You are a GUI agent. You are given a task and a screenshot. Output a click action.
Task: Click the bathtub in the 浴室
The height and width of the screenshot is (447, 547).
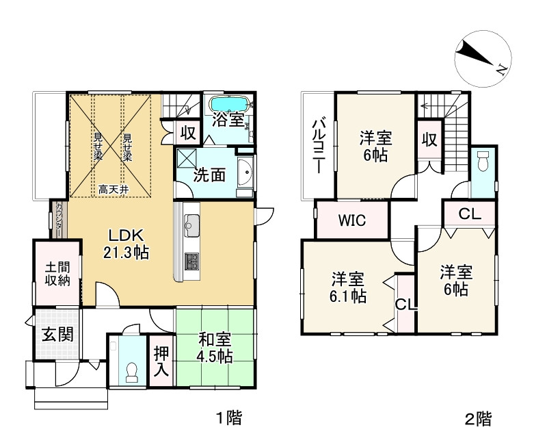pyautogui.click(x=230, y=104)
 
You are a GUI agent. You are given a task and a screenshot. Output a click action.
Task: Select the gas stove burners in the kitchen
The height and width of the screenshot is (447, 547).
pyautogui.click(x=191, y=261)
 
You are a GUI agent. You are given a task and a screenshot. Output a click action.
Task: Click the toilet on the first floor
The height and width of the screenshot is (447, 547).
pyautogui.click(x=132, y=372)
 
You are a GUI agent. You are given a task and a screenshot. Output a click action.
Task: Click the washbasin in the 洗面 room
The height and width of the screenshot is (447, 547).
pyautogui.click(x=245, y=173)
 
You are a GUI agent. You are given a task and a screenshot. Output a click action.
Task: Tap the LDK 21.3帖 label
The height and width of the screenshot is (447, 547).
pyautogui.click(x=126, y=244)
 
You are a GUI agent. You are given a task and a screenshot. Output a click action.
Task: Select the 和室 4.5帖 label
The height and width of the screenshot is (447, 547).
pyautogui.click(x=215, y=347)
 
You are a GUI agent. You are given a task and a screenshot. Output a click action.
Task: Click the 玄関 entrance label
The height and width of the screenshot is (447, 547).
pyautogui.click(x=58, y=335)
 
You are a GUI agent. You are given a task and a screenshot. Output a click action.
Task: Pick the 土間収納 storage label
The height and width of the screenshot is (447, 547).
pyautogui.click(x=57, y=274)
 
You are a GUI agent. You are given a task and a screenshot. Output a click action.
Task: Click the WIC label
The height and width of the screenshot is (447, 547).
pyautogui.click(x=352, y=220)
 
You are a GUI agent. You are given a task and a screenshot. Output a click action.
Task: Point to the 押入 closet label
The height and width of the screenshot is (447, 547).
pyautogui.click(x=161, y=361)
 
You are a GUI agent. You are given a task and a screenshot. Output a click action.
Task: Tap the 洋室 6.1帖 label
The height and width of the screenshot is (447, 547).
pyautogui.click(x=348, y=287)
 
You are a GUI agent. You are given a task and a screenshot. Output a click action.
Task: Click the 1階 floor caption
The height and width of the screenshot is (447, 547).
pyautogui.click(x=229, y=418)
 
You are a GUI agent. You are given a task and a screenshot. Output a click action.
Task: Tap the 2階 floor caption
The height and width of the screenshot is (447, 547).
pyautogui.click(x=479, y=419)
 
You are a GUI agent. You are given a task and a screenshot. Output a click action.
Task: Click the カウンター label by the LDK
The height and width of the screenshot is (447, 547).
pyautogui.click(x=59, y=219)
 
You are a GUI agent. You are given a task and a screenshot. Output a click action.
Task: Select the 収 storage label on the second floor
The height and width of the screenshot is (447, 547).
pyautogui.click(x=429, y=140)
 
